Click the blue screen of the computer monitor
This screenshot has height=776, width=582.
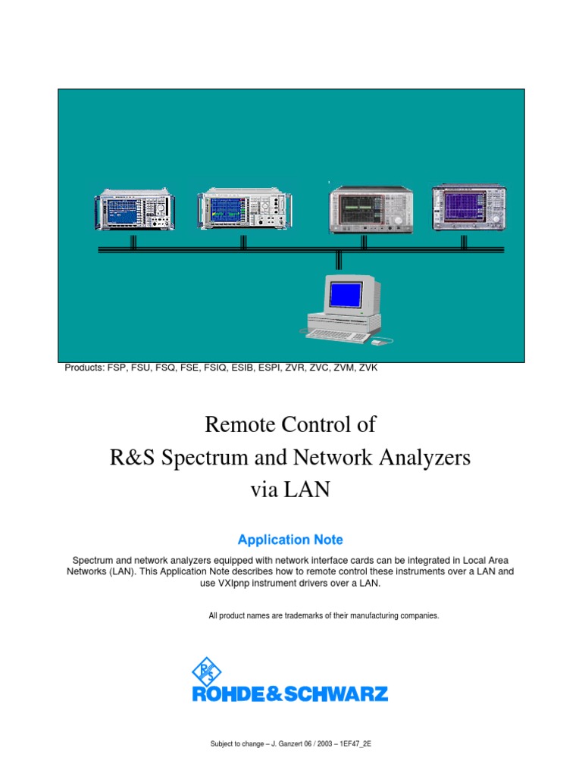pos(343,293)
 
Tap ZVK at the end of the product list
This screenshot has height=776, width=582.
pos(368,368)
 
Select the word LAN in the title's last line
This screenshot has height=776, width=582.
pos(307,490)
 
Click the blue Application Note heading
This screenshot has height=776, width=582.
pos(290,540)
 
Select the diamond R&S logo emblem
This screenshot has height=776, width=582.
pos(206,671)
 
